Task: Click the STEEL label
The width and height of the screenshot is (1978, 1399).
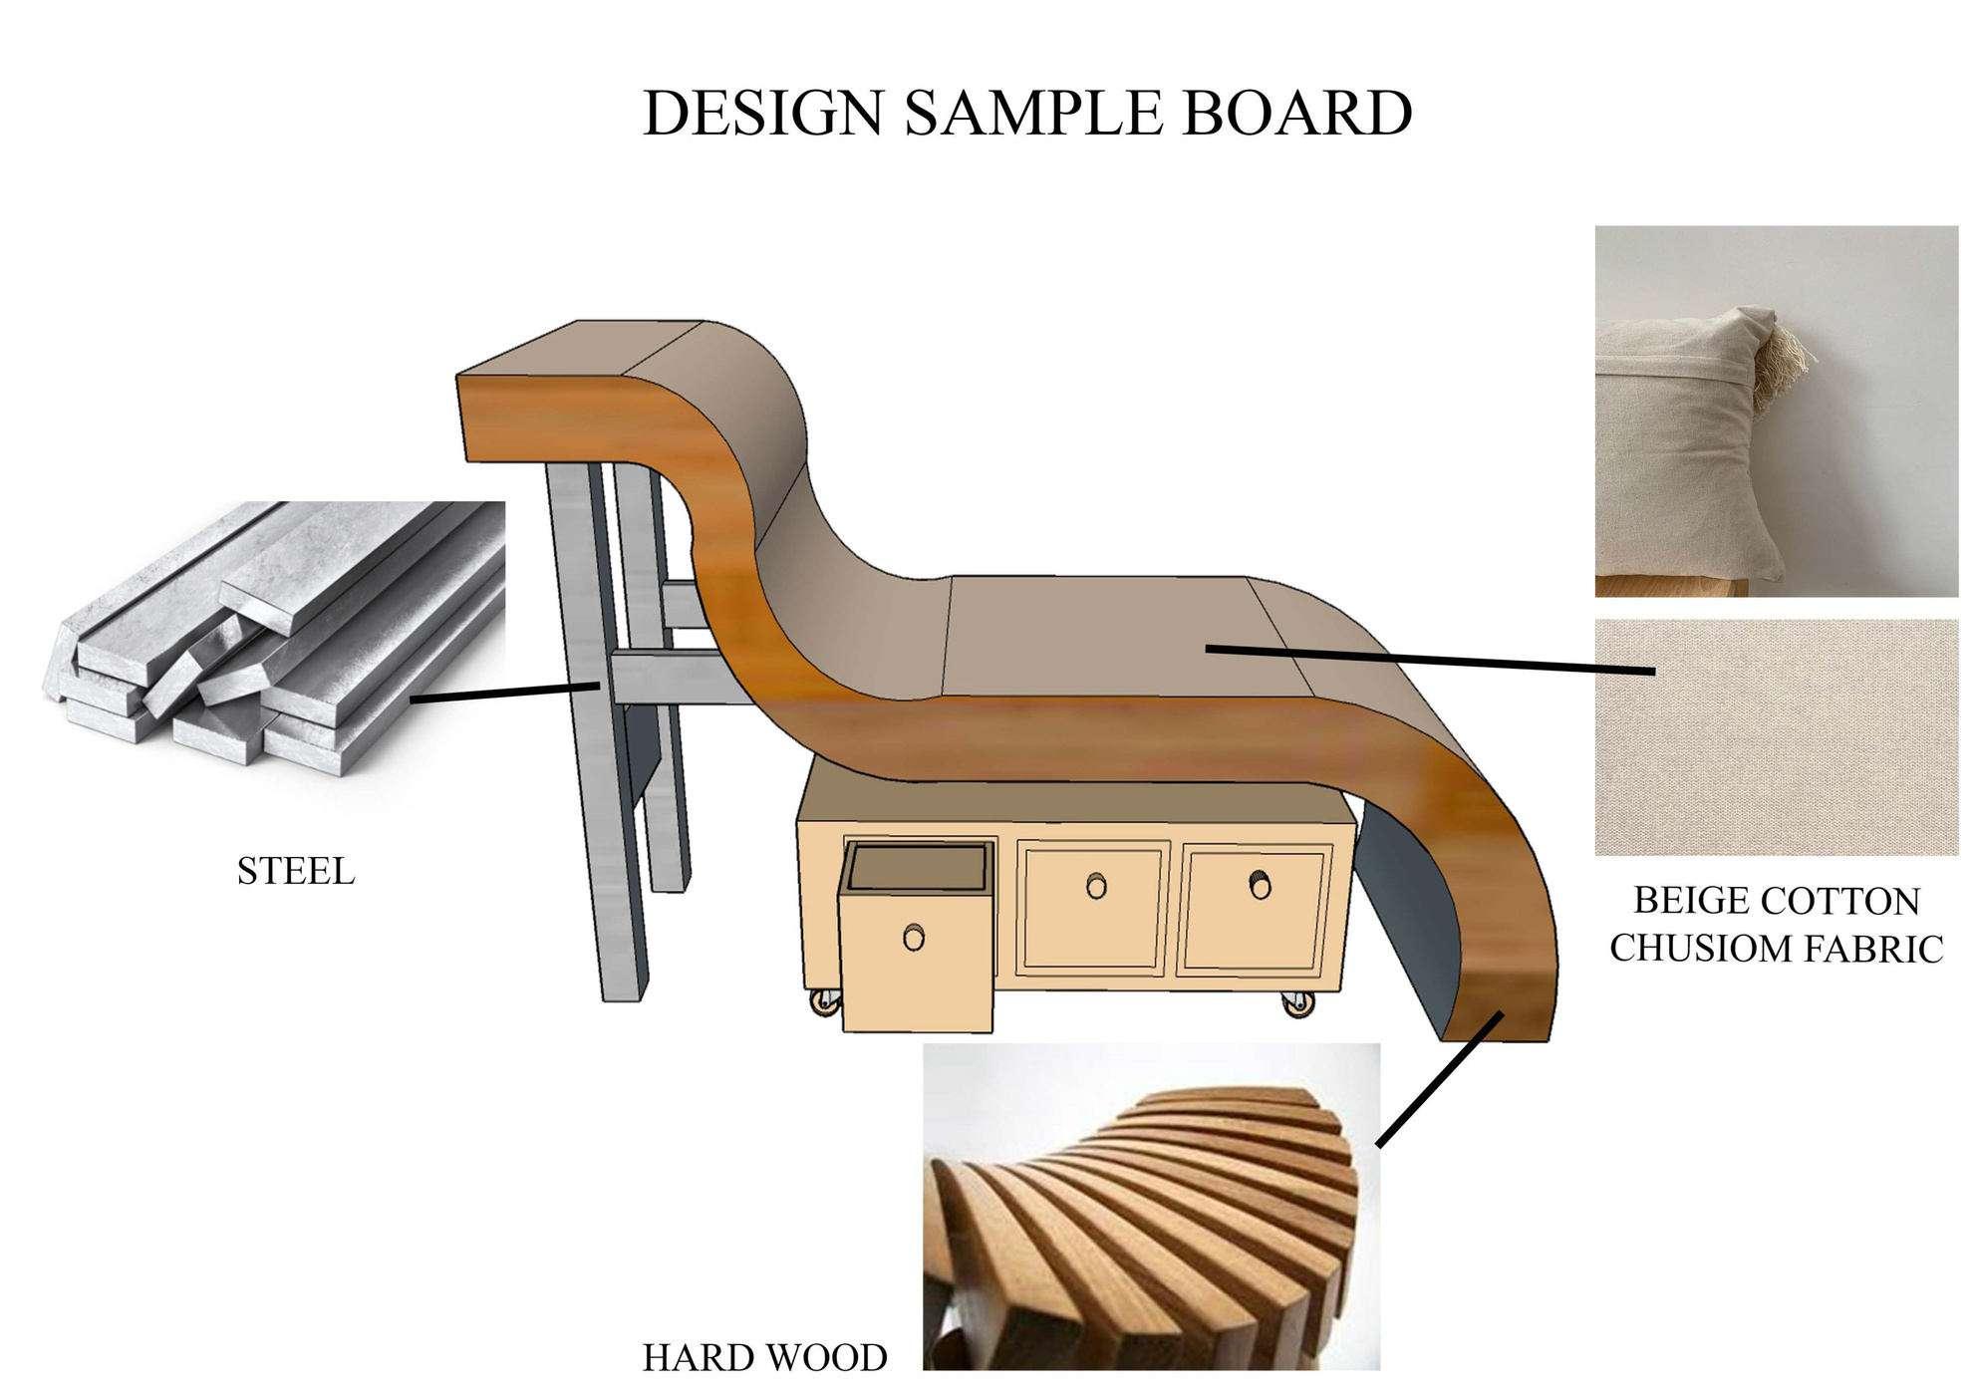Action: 295,872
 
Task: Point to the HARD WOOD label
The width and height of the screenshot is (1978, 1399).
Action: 764,1358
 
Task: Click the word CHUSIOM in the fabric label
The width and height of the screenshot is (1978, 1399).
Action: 1706,949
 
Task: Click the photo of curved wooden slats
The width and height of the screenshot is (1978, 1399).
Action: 1151,1206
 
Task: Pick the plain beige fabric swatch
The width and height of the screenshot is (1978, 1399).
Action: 1776,737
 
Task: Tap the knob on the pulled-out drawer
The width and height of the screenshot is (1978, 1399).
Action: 913,937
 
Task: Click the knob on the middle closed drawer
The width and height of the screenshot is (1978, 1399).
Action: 1096,885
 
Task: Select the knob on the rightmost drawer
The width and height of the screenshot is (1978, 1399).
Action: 1259,883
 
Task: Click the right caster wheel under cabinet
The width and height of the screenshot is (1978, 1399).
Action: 1296,1004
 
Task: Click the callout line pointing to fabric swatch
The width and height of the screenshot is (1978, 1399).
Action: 1430,661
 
